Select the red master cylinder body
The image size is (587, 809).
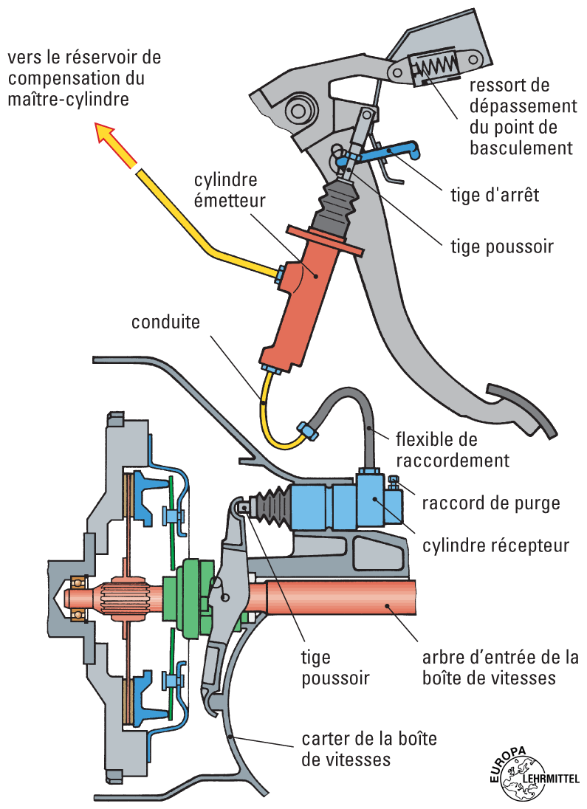[x=303, y=295]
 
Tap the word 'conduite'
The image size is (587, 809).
[x=166, y=322]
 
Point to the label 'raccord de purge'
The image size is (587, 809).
[x=491, y=503]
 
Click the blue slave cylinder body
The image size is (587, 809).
[x=347, y=505]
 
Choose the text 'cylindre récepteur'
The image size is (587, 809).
[x=496, y=545]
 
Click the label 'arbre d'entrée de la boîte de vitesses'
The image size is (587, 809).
[x=499, y=667]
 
